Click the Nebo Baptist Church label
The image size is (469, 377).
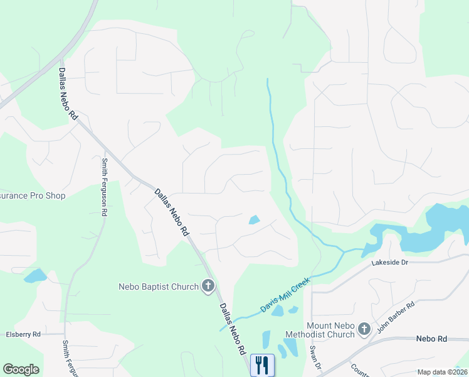pyautogui.click(x=159, y=287)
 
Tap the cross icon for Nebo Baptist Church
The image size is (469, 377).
pyautogui.click(x=208, y=287)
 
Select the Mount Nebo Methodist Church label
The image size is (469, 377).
pyautogui.click(x=331, y=330)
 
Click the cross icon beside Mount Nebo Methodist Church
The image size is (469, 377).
pyautogui.click(x=364, y=328)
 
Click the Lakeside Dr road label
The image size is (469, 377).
pyautogui.click(x=389, y=263)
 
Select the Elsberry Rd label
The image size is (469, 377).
pyautogui.click(x=23, y=334)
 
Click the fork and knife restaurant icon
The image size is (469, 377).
pyautogui.click(x=262, y=364)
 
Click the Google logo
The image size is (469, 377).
pyautogui.click(x=21, y=369)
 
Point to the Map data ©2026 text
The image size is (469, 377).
pyautogui.click(x=442, y=372)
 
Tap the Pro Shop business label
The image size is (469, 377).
pyautogui.click(x=33, y=196)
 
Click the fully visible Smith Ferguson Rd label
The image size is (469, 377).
pyautogui.click(x=104, y=187)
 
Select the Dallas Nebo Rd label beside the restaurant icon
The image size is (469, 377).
pyautogui.click(x=233, y=331)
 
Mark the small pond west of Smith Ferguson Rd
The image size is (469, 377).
pyautogui.click(x=35, y=276)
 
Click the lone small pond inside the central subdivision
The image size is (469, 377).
pyautogui.click(x=255, y=220)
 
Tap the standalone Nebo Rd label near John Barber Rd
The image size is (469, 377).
pyautogui.click(x=431, y=339)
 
